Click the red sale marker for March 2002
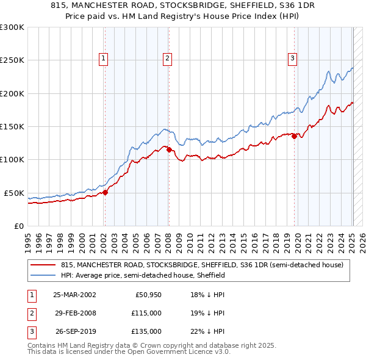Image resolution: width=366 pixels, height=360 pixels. point(105,192)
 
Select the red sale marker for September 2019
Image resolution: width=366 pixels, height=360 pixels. point(294,136)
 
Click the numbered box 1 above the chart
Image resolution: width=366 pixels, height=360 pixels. point(104,59)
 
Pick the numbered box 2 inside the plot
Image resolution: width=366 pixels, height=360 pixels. point(167,59)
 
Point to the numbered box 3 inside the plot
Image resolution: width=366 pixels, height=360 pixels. point(293,59)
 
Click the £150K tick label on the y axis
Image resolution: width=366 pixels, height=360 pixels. point(12,126)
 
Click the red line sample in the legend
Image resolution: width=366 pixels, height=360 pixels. point(43,265)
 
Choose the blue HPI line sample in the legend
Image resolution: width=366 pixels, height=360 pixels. point(43,276)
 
